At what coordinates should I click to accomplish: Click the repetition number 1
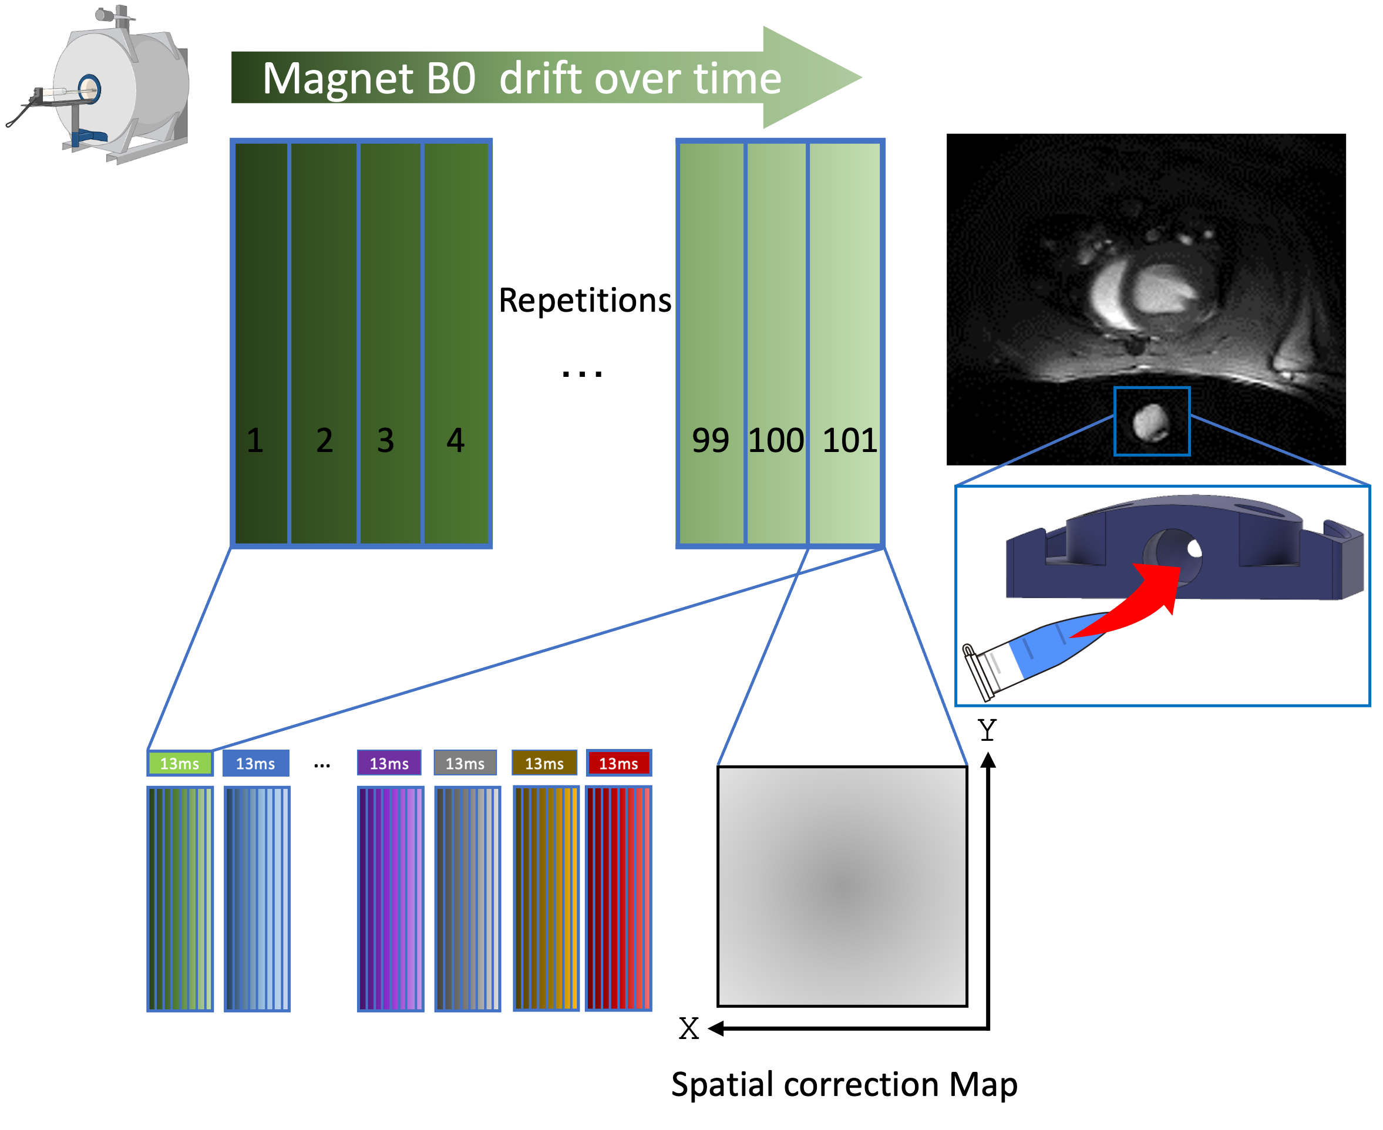click(255, 441)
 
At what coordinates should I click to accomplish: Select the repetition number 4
click(455, 441)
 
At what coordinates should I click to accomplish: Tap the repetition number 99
click(710, 441)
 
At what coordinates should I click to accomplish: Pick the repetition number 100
click(776, 441)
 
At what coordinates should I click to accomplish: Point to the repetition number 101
click(850, 441)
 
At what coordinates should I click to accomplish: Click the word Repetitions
click(584, 301)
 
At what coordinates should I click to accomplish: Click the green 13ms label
click(180, 764)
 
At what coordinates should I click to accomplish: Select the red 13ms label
click(618, 764)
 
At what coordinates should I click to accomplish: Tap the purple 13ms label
click(389, 764)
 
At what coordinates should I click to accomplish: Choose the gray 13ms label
click(465, 764)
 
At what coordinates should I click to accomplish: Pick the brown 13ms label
click(544, 764)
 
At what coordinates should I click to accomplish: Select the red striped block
click(618, 898)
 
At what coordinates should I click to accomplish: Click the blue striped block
click(257, 898)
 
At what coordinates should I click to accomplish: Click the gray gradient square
click(842, 886)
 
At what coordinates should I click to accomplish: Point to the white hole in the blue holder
click(1194, 549)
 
